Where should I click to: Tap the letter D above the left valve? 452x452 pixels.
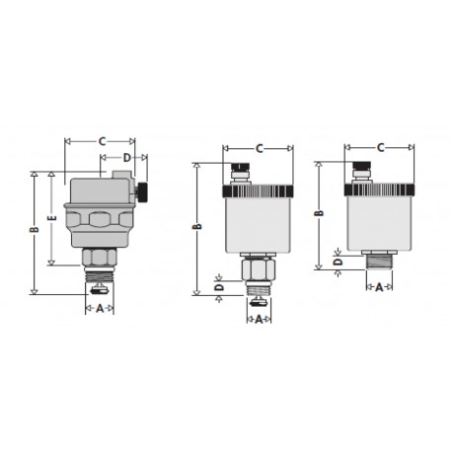coord(126,157)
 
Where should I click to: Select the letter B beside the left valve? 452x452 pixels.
coord(34,231)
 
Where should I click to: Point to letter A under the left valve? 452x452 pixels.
coord(99,308)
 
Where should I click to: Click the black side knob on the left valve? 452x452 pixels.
coord(143,191)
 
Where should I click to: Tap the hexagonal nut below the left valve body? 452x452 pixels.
coord(99,259)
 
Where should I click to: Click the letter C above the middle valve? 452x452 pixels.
coord(259,148)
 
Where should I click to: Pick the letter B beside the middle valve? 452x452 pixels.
coord(197,228)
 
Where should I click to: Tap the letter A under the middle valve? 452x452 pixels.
coord(259,319)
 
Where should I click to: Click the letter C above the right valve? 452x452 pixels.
coord(380,148)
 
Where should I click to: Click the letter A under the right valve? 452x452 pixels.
coord(380,287)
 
